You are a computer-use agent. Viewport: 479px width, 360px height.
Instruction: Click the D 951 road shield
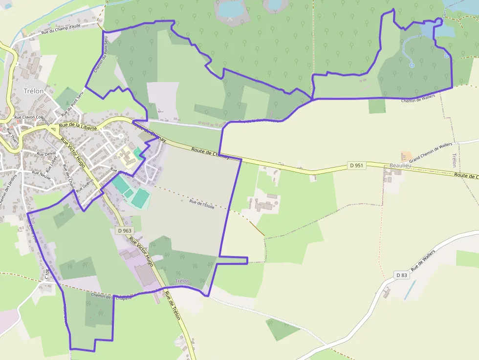coord(356,166)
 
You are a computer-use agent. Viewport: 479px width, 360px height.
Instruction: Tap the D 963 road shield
coord(125,231)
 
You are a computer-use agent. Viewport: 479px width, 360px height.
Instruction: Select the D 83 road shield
coord(401,275)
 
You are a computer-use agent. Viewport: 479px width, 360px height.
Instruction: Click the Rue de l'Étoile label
coord(202,205)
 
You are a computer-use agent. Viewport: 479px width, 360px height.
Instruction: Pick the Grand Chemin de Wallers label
coord(431,152)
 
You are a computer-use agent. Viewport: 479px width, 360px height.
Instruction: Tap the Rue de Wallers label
coord(423,261)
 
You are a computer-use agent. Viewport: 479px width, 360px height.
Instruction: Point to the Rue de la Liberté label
coord(78,126)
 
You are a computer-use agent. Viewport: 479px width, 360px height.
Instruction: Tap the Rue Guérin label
coord(84,187)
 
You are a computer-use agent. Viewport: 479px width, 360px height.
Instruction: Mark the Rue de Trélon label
coord(173,305)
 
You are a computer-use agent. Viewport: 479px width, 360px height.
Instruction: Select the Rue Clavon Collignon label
coord(32,118)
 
